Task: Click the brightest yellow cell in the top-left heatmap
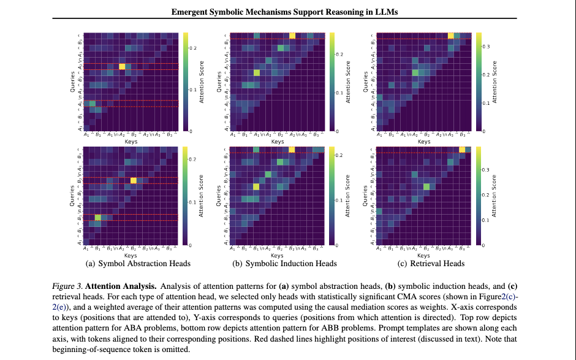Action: (x=121, y=66)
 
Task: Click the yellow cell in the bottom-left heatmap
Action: (x=134, y=180)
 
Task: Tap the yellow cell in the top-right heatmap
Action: (x=451, y=36)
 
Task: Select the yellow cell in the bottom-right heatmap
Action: (x=463, y=156)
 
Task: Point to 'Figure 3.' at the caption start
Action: (x=67, y=286)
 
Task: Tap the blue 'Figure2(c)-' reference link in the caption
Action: (x=498, y=296)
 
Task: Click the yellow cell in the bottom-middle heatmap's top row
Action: (x=291, y=149)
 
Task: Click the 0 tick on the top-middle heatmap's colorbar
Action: (x=339, y=131)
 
